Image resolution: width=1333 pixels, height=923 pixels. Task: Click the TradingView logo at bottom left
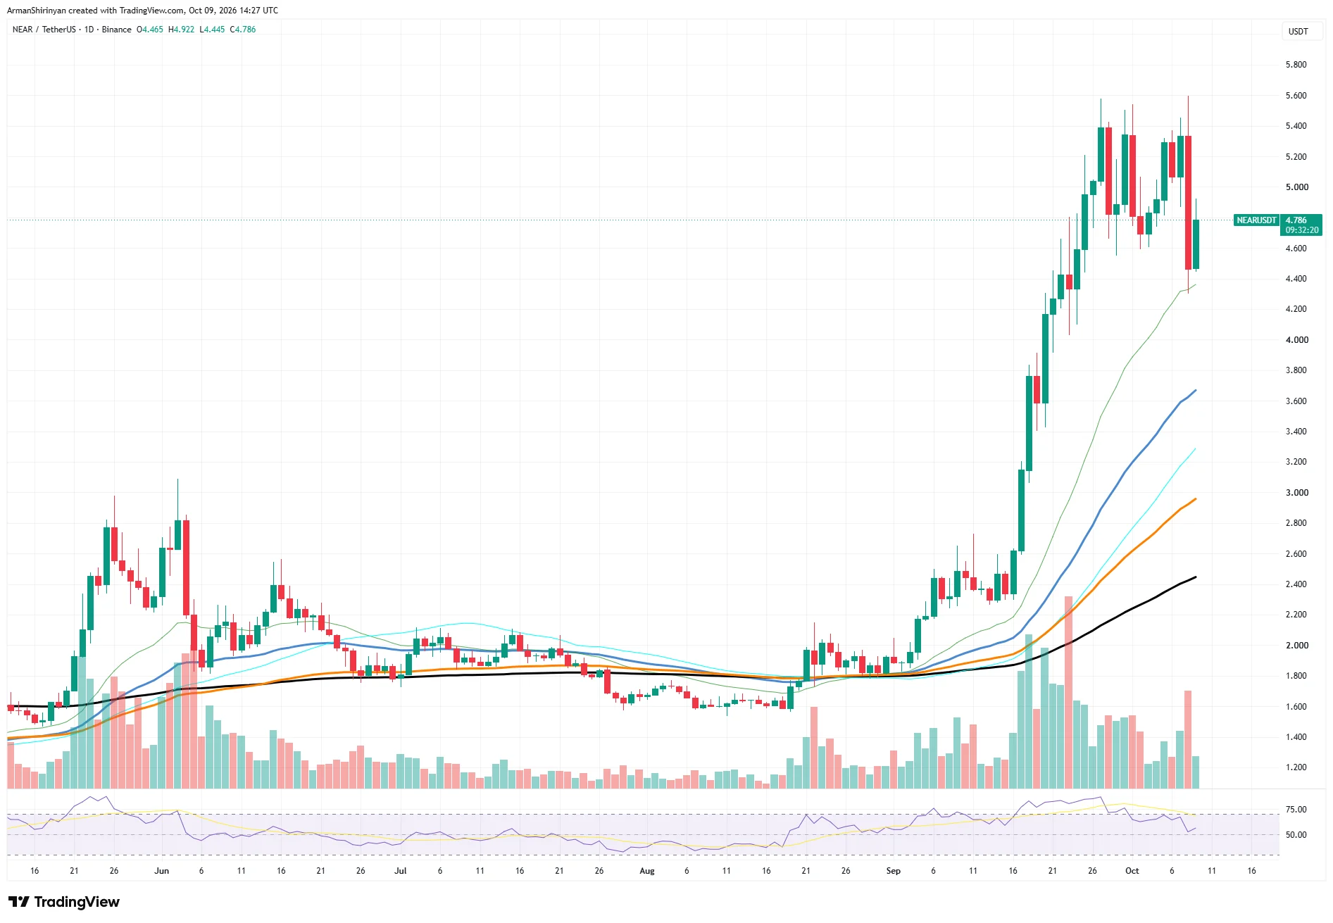64,902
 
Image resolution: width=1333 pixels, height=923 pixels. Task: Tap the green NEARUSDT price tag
1257,220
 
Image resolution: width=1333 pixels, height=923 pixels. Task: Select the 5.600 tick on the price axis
1296,96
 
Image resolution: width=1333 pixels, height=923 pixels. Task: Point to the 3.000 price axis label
1296,493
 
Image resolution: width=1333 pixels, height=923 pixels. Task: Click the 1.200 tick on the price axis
1296,767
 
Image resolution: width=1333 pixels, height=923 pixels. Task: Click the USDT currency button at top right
1298,31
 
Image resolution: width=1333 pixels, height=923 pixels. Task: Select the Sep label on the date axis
893,871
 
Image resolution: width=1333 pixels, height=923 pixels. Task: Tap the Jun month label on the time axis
162,871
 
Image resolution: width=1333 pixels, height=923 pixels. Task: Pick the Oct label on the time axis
1132,871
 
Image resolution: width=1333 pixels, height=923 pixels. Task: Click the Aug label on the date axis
647,871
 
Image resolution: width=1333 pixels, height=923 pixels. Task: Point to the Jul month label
401,871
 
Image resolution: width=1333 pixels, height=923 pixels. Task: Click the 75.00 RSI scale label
1296,810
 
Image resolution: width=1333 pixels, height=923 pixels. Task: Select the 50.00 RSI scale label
1296,835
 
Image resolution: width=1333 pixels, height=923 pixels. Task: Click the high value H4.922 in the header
181,30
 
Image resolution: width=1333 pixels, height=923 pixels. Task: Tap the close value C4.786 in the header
243,30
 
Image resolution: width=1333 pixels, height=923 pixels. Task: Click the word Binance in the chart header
116,30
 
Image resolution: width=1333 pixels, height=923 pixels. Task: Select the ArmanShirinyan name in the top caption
37,11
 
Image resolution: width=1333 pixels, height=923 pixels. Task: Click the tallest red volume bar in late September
1068,692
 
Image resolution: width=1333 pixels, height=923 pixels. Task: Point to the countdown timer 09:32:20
1301,230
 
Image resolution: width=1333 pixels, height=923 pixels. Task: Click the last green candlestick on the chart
1196,244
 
